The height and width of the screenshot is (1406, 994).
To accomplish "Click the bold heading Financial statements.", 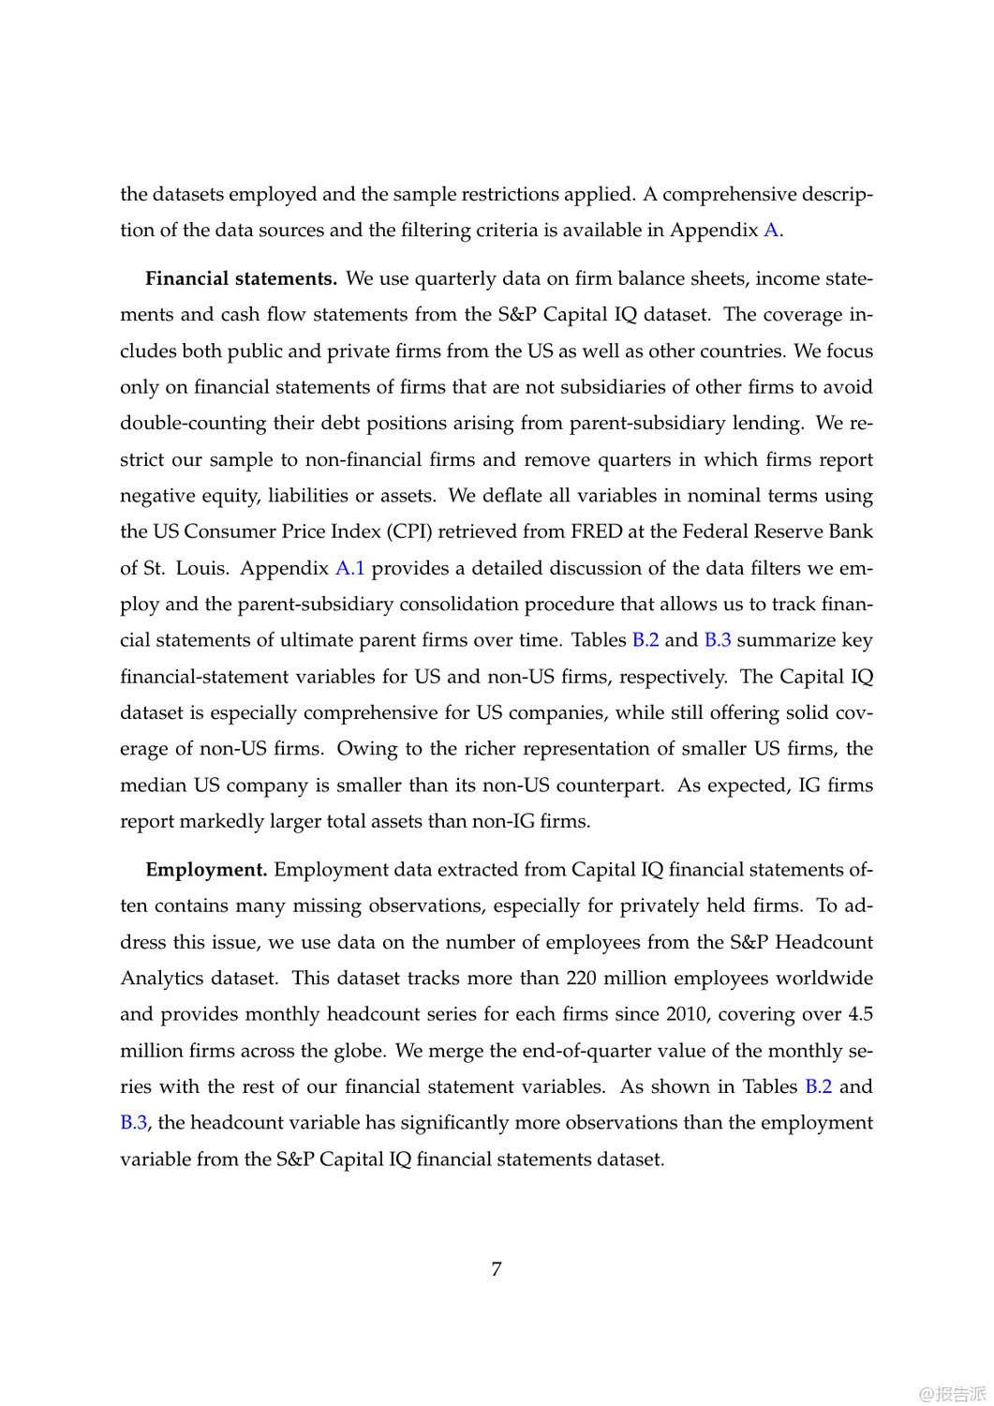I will click(x=241, y=278).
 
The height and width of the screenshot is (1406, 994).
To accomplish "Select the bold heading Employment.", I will click(x=206, y=870).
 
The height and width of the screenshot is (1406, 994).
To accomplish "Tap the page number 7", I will click(x=497, y=1269).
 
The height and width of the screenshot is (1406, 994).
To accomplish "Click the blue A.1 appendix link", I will click(x=349, y=568).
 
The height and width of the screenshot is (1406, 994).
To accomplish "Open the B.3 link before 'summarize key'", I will click(x=718, y=640).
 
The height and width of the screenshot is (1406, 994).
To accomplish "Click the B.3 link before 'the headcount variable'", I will click(x=134, y=1123).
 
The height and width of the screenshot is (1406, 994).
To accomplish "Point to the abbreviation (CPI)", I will click(x=409, y=531).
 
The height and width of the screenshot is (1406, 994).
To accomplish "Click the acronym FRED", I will click(x=596, y=531).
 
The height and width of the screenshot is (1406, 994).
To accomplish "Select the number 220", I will click(x=581, y=979).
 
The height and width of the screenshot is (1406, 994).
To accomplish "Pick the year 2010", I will click(x=687, y=1014).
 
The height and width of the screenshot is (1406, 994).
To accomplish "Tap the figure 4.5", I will click(x=860, y=1014).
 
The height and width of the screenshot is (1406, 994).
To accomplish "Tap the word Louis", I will click(x=200, y=568).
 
